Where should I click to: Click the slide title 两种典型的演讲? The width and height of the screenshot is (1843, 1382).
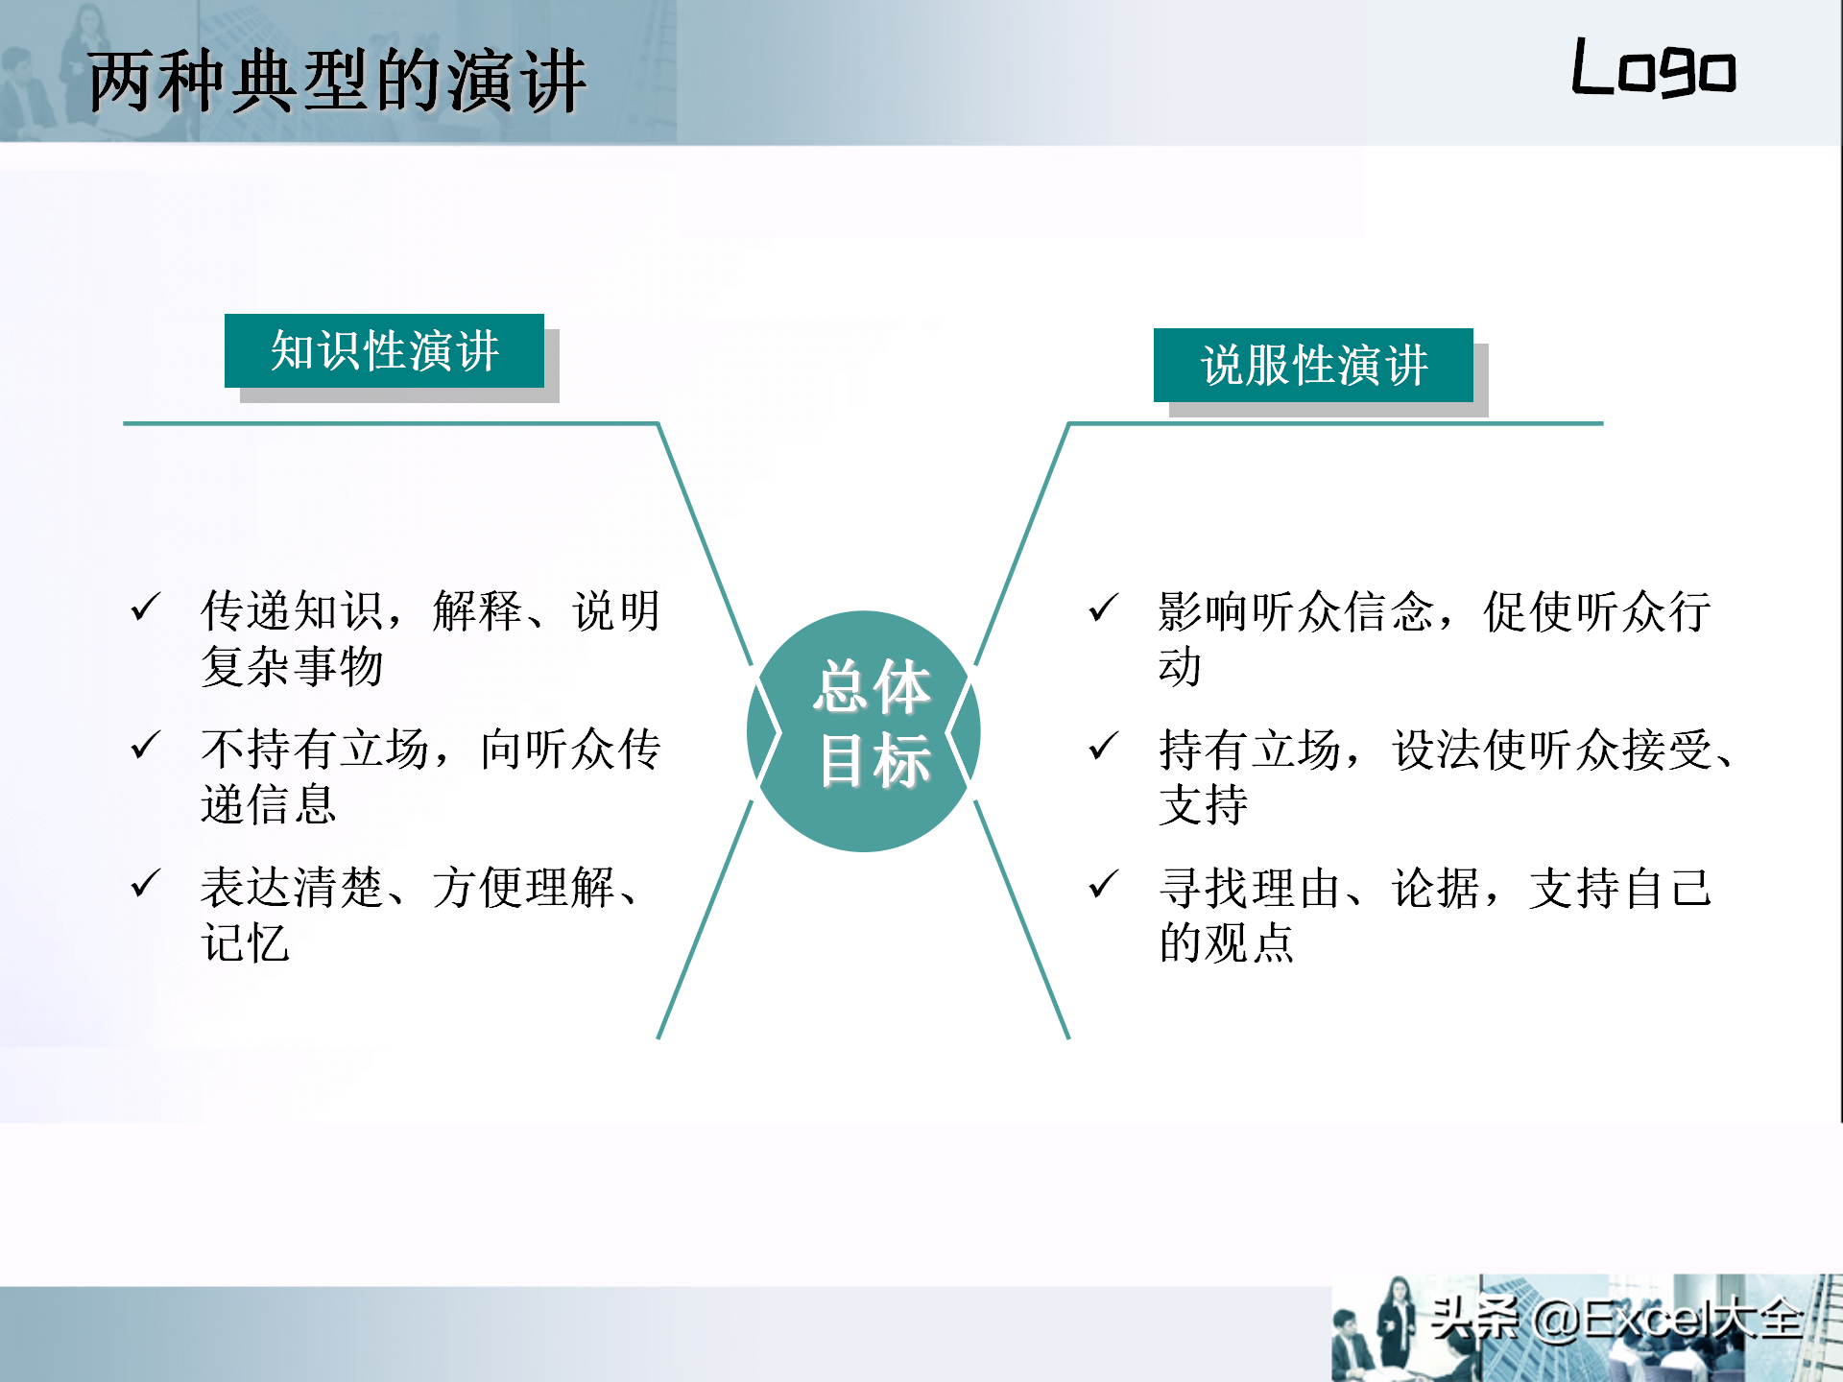[336, 82]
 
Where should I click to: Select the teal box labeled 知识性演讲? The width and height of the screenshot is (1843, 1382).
[384, 350]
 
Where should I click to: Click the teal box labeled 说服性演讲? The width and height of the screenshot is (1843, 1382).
[1313, 365]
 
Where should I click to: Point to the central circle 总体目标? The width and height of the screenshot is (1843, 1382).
[864, 731]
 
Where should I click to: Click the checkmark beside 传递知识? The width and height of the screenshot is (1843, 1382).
[145, 607]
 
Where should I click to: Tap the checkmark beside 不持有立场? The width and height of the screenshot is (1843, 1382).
[145, 745]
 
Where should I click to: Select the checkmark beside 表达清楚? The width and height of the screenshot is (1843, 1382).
[145, 883]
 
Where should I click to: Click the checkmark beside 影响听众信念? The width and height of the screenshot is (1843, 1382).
[1104, 607]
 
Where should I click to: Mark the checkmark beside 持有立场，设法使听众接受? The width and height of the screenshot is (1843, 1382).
[1104, 745]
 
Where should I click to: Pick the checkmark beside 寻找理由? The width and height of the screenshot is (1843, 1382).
[1104, 883]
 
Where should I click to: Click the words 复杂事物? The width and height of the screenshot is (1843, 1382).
[293, 666]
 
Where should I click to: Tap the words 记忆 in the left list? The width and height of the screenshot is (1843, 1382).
[246, 942]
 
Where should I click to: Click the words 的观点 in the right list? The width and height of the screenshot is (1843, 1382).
[1227, 942]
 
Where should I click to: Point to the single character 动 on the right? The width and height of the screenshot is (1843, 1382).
[1181, 666]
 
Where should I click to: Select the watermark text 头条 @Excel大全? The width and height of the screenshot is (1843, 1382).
[1616, 1318]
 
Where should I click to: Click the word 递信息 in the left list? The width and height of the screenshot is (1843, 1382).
[269, 804]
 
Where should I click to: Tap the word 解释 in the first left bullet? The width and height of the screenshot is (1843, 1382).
[478, 611]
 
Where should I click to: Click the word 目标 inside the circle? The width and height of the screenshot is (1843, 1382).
[874, 760]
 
